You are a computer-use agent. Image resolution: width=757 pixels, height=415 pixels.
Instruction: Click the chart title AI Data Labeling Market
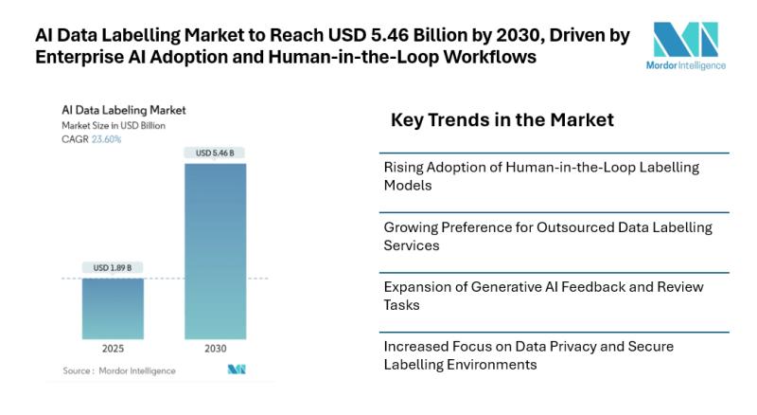pyautogui.click(x=123, y=110)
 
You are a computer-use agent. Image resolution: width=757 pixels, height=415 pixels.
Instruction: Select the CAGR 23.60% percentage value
pyautogui.click(x=105, y=139)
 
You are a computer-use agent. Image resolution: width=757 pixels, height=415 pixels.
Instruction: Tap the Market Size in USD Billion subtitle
pyautogui.click(x=114, y=125)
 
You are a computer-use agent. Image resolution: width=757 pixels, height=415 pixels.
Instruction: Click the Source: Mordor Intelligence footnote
pyautogui.click(x=118, y=370)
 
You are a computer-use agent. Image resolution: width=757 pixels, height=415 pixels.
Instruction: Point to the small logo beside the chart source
pyautogui.click(x=236, y=370)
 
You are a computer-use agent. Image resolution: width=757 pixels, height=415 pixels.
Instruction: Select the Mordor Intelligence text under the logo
pyautogui.click(x=690, y=66)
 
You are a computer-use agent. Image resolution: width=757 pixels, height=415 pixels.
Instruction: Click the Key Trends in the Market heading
pyautogui.click(x=502, y=120)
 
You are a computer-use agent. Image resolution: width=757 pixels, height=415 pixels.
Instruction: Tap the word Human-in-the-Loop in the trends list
pyautogui.click(x=557, y=168)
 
